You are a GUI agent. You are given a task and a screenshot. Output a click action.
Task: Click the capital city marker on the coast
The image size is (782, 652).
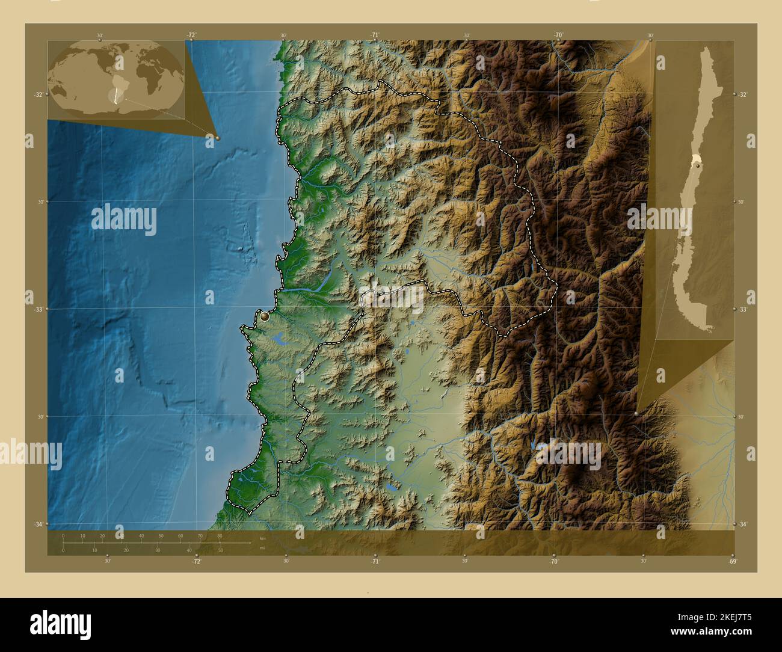265,316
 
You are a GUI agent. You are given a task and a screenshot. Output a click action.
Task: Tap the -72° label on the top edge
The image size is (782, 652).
191,35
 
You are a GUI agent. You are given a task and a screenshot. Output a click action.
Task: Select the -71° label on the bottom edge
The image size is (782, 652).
375,561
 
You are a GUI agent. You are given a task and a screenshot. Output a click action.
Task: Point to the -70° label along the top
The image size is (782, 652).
558,35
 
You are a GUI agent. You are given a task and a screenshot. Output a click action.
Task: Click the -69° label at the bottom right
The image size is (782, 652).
732,561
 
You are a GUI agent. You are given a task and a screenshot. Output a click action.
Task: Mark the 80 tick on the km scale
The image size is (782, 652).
220,535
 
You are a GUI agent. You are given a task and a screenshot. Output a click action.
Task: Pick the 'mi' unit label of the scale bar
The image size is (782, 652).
262,548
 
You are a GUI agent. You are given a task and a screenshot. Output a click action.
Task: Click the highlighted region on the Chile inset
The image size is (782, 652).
696,159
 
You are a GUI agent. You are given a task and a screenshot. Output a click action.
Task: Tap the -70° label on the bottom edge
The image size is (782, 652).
553,561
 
